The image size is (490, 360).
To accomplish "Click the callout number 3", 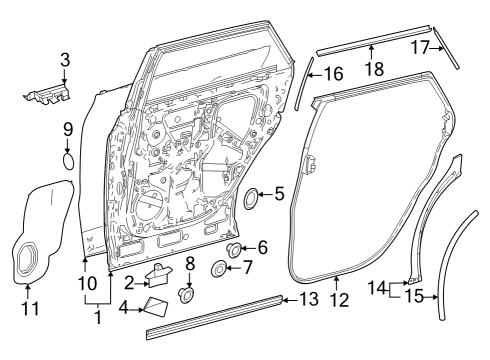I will pos(65,62).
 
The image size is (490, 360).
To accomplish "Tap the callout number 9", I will pos(68,129).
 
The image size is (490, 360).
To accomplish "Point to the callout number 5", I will pos(280,193).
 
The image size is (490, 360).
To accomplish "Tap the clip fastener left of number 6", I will pos(236,249).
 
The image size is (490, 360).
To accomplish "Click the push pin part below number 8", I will pos(185,296).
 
